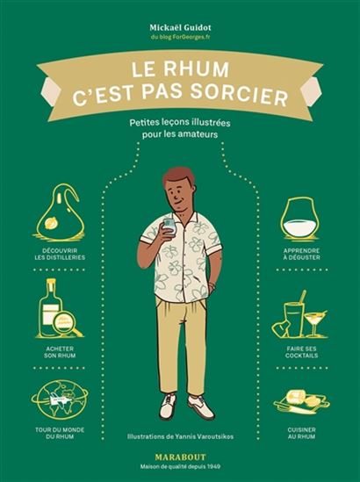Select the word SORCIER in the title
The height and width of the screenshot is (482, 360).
coord(237,97)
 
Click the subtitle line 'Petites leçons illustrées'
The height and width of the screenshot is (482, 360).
coord(180,126)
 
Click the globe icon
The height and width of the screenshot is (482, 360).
coord(60,405)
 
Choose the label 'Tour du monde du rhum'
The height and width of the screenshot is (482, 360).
coord(60,441)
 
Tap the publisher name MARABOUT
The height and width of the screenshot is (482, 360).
coord(180,456)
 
